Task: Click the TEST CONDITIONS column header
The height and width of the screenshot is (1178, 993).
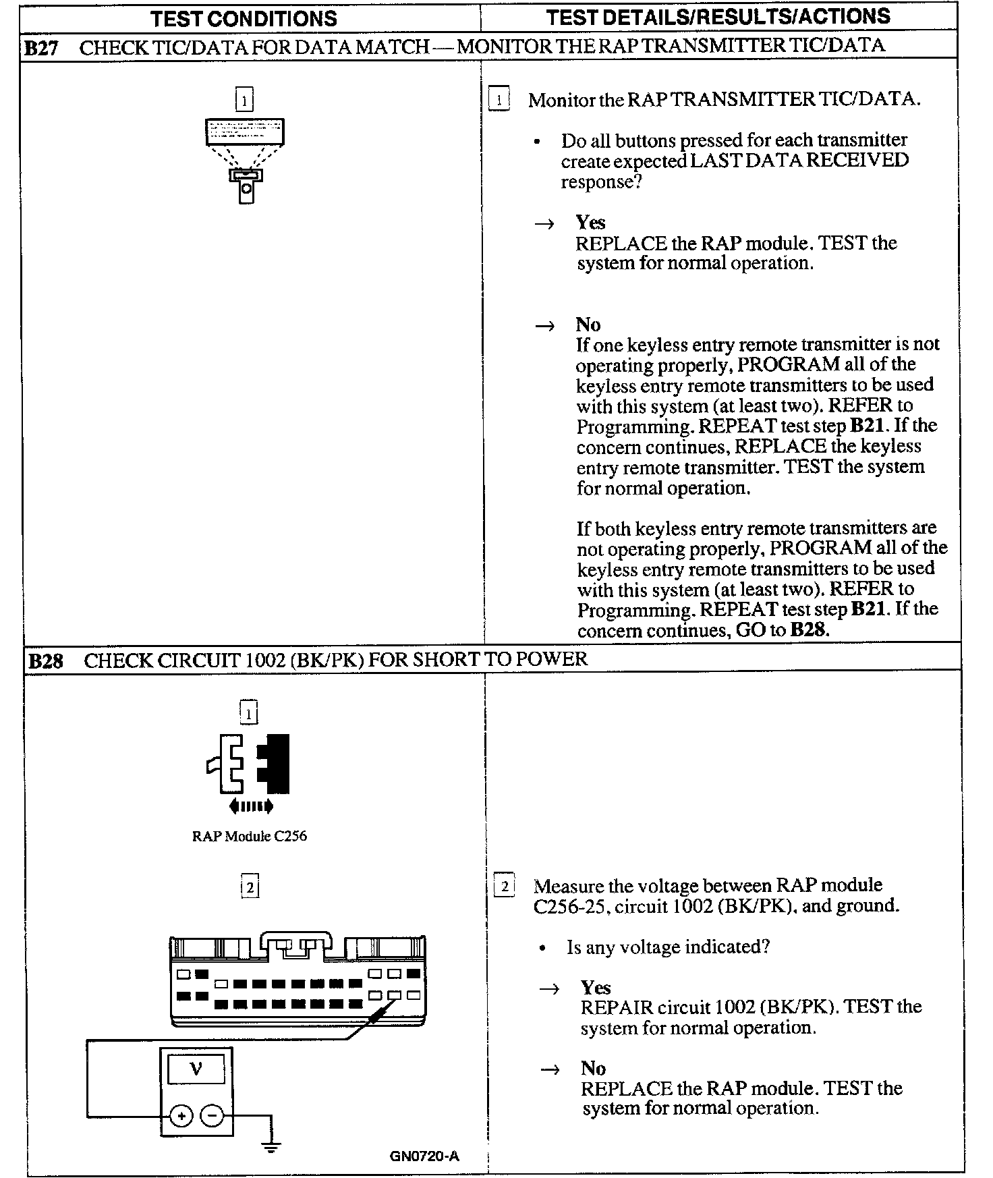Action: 244,18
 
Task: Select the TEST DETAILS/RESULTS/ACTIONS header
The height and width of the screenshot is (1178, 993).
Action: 718,17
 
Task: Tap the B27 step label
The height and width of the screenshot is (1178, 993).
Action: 41,48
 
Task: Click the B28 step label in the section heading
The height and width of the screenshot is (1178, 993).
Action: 45,661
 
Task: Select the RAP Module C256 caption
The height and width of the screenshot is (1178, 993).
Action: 249,836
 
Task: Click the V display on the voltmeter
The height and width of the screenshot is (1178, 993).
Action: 196,1069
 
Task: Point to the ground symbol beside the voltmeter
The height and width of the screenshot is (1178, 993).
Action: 271,1146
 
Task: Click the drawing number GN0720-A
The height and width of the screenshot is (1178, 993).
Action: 424,1156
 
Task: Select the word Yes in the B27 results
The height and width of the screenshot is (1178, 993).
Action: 590,223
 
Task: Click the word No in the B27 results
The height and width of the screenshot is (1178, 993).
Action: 588,325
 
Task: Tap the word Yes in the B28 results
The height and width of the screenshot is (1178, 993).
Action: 596,988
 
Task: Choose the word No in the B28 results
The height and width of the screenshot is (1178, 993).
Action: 593,1069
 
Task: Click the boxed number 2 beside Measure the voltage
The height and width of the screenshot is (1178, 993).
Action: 504,886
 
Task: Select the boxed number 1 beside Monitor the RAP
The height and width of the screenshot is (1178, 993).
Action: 499,101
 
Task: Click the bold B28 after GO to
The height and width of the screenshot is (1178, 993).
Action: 810,631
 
